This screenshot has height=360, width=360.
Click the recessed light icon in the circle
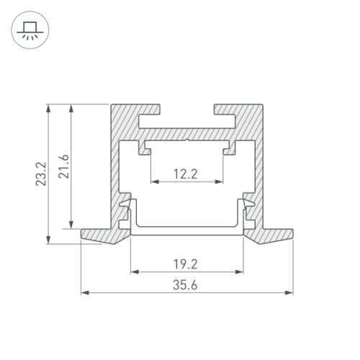click(30, 30)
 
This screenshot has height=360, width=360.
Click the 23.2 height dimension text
click(41, 175)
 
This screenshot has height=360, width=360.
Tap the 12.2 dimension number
click(186, 173)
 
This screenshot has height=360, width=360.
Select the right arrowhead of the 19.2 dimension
click(241, 271)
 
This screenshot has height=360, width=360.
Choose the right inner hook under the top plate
click(230, 149)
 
